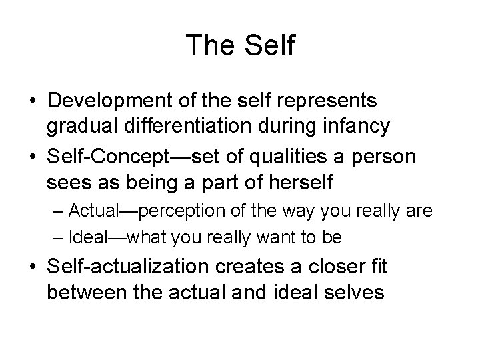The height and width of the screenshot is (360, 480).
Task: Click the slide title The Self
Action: [x=240, y=45]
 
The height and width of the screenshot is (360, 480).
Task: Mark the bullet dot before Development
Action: [x=32, y=101]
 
